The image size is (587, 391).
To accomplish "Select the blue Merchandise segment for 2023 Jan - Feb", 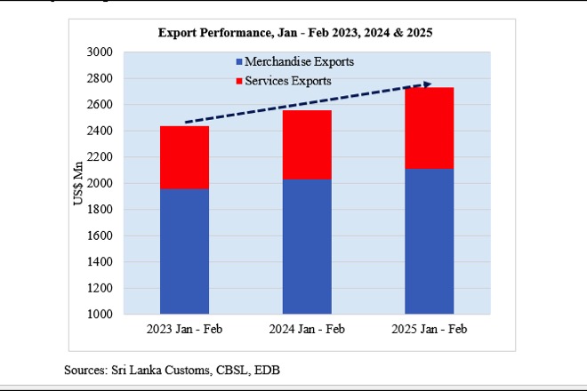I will tap(184, 251).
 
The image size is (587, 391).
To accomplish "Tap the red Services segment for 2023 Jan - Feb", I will tap(184, 157).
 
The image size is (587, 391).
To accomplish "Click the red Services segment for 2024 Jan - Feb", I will tap(307, 145).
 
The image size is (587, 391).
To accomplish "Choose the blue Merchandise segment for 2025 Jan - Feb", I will tap(430, 242).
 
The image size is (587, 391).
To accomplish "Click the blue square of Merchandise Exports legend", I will tap(240, 62).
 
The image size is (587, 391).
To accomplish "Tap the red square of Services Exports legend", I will tap(240, 81).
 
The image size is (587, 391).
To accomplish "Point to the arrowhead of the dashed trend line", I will tap(428, 84).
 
